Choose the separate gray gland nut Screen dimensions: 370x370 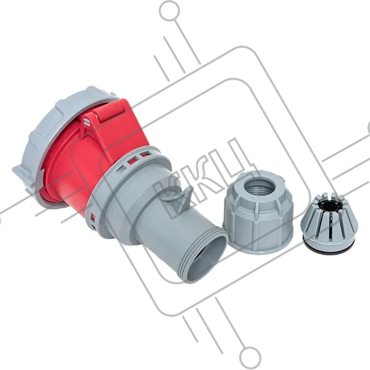(259, 212)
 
